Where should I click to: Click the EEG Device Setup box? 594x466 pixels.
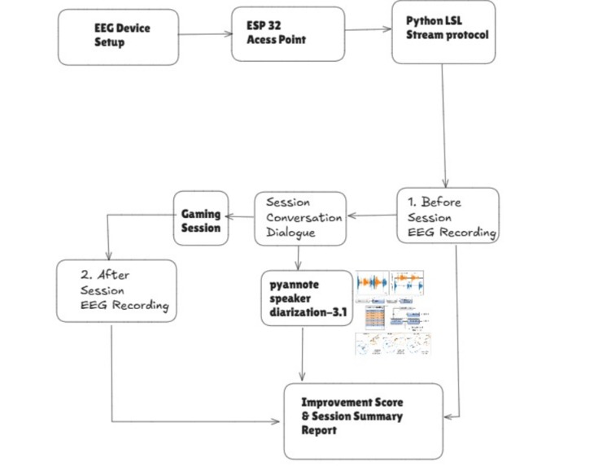click(119, 37)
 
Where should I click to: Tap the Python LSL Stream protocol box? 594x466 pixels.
click(443, 33)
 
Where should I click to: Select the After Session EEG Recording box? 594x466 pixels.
click(116, 290)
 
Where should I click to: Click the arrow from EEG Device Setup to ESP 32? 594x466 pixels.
click(205, 33)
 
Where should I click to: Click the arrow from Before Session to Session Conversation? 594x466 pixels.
click(371, 216)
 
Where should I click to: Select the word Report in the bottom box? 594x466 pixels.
click(319, 430)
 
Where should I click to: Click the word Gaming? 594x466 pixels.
click(200, 214)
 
